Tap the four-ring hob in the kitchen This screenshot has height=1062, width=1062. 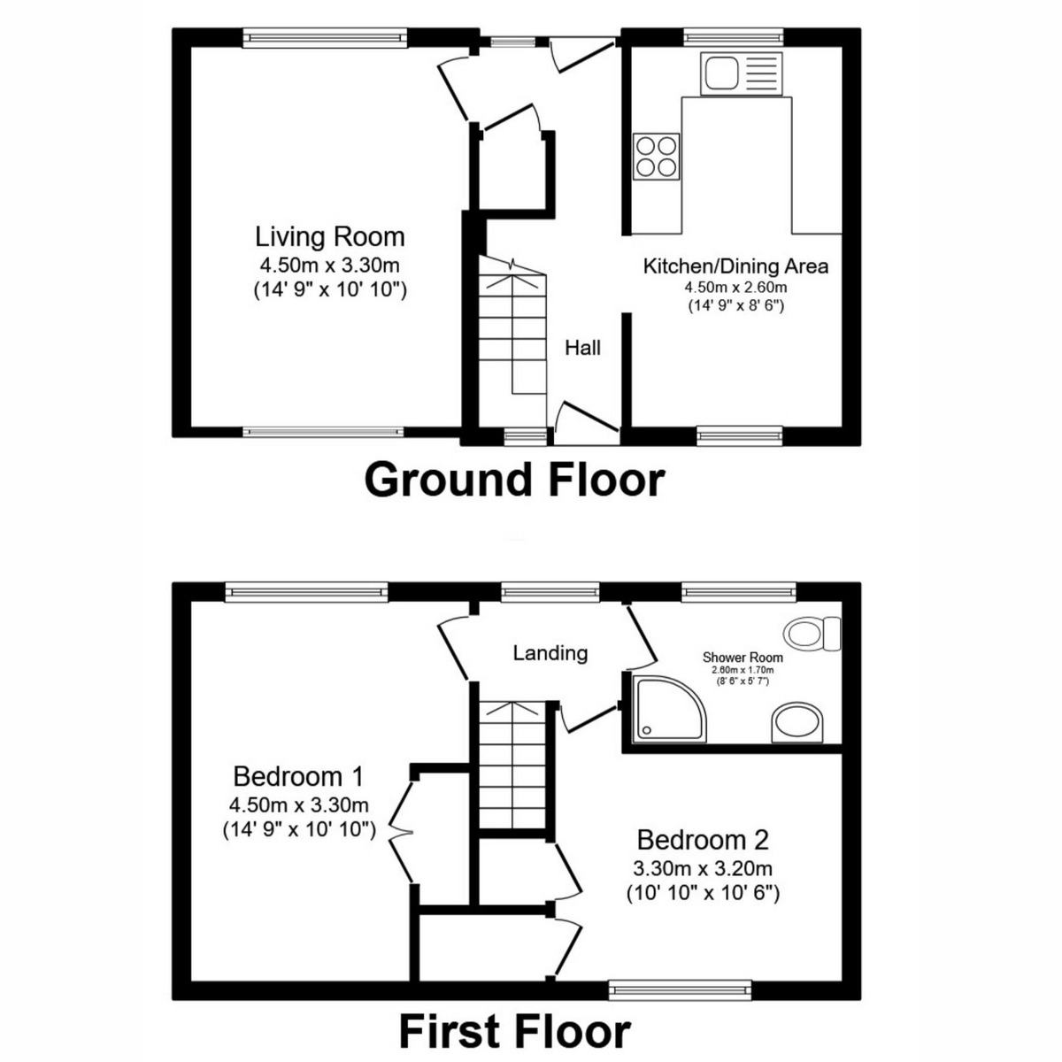coord(657,157)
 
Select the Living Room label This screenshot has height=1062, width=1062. coord(330,237)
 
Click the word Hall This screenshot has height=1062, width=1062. coord(583,348)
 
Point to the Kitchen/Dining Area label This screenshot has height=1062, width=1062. coord(735,265)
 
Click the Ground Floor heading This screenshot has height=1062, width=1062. coord(514,480)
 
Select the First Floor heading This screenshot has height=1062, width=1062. coord(514,1031)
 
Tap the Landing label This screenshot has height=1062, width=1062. coord(550,653)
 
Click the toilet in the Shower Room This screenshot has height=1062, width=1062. coord(813,632)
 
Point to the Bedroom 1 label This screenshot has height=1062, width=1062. coord(298,777)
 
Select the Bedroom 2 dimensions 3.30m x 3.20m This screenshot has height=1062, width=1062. coord(703,868)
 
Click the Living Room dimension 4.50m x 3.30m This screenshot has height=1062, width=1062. coord(330,264)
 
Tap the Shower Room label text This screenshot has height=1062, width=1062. coord(743,658)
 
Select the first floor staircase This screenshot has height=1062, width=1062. coord(512,761)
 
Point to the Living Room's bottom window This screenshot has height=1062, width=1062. coord(324,432)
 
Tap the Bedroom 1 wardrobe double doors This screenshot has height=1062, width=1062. coord(403,830)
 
